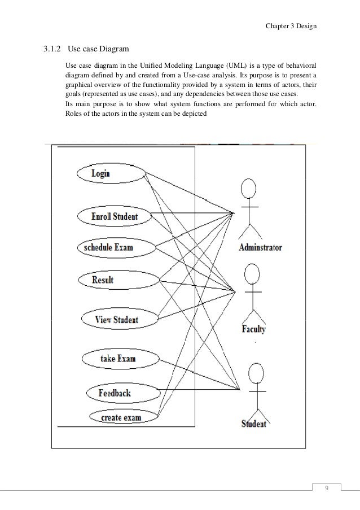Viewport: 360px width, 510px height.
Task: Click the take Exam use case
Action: [117, 358]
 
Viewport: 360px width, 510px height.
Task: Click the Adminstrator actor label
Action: [260, 247]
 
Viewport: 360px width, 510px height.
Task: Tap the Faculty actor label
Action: [253, 329]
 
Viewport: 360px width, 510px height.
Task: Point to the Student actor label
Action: [253, 423]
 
